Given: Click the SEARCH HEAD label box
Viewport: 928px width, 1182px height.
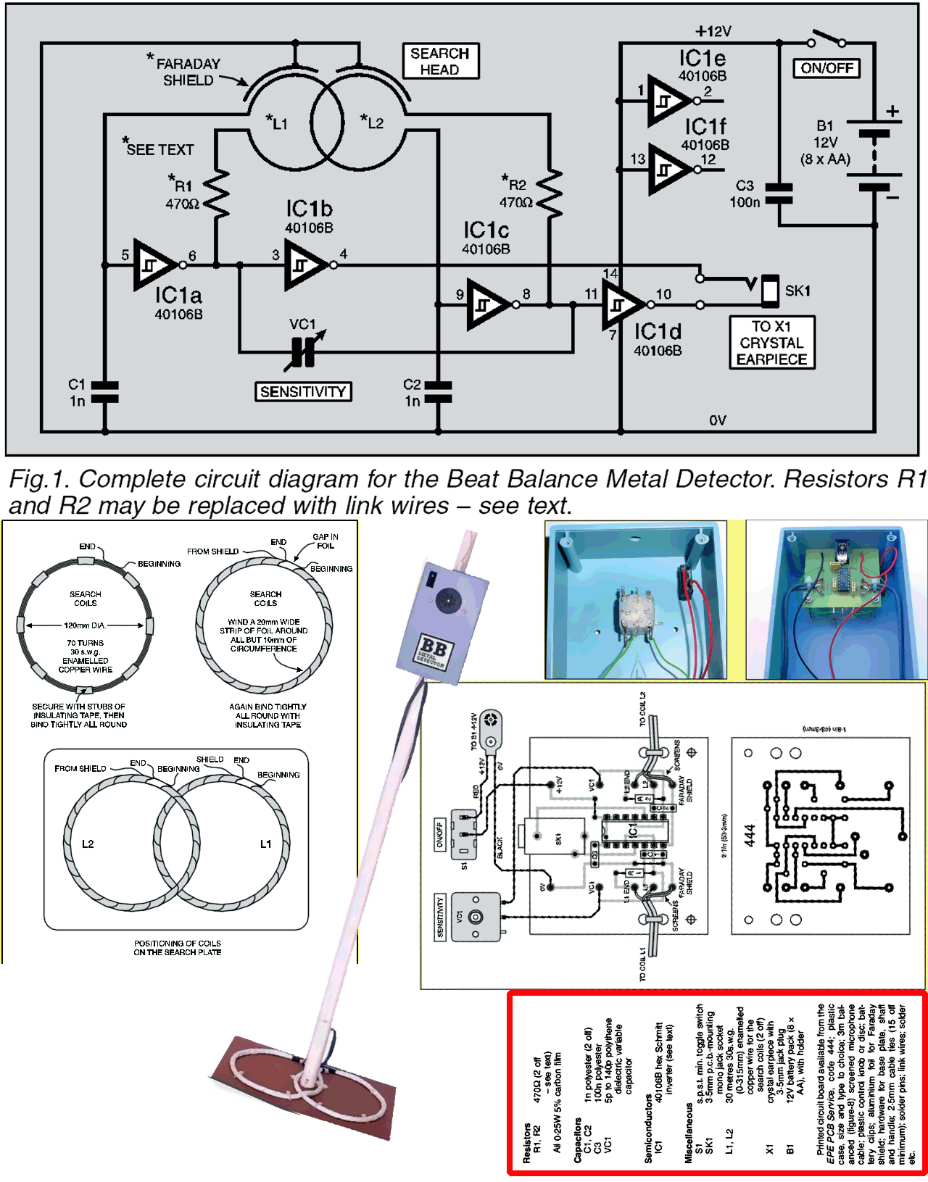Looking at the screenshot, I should tap(440, 62).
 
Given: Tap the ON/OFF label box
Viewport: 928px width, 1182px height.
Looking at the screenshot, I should tap(826, 68).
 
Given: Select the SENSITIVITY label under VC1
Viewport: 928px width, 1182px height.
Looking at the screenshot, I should tap(303, 392).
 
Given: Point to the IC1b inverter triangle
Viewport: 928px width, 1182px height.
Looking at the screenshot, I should tap(304, 265).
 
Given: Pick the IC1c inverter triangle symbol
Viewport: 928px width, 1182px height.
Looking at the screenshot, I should tap(488, 305).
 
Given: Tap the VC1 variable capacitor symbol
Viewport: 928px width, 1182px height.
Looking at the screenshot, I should tap(303, 352).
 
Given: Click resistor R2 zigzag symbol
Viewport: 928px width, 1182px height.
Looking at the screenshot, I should tap(550, 193).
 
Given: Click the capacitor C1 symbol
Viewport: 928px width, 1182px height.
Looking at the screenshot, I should tap(105, 391).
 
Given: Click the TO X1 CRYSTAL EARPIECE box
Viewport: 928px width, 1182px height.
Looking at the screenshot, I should tap(771, 343).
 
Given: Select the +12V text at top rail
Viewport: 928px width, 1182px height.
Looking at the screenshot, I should tap(713, 31).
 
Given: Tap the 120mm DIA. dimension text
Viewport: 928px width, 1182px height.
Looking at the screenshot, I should tap(85, 625).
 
